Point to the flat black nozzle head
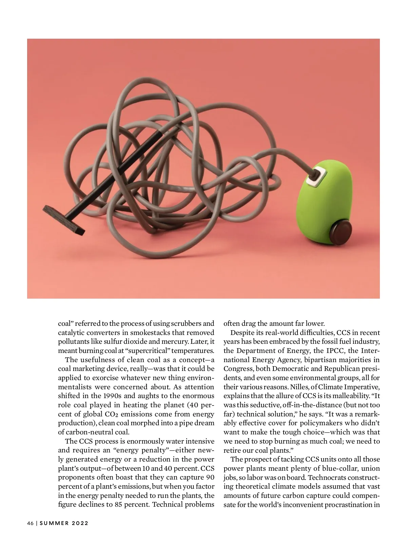(x=64, y=219)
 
